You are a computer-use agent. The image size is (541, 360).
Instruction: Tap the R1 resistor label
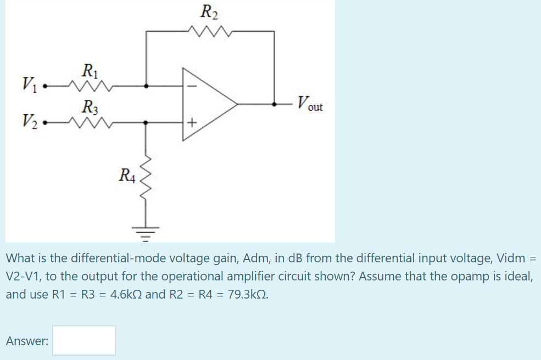88,71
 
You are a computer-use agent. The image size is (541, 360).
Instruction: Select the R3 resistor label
88,106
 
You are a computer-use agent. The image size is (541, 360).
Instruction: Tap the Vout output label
310,103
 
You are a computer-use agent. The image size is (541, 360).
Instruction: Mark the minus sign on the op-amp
192,86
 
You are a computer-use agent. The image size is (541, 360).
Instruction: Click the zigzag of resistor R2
209,31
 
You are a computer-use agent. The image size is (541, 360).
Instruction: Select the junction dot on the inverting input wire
146,86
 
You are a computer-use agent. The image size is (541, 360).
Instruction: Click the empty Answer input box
84,340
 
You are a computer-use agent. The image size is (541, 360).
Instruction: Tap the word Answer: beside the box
27,341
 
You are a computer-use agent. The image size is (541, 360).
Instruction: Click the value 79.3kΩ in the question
239,294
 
